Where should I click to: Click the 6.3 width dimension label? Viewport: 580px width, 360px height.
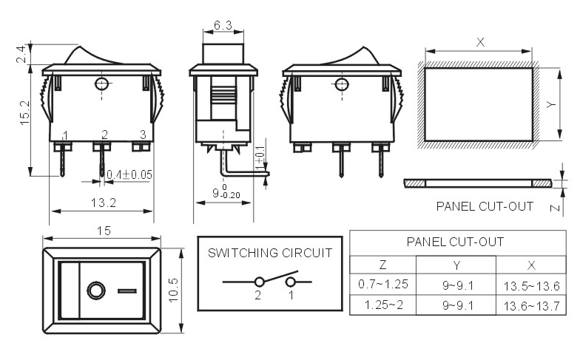[x=223, y=25]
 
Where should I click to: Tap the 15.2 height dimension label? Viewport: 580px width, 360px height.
[x=25, y=112]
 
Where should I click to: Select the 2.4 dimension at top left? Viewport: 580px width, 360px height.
[x=21, y=54]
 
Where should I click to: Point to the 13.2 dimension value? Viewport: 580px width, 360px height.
[x=104, y=203]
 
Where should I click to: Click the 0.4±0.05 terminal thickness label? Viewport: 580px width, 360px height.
[x=129, y=174]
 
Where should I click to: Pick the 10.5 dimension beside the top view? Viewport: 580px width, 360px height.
[x=173, y=290]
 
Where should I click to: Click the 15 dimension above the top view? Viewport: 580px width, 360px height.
[x=104, y=231]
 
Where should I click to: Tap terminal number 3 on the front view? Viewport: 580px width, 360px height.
[x=143, y=135]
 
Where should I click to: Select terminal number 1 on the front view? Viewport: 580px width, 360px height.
[x=65, y=135]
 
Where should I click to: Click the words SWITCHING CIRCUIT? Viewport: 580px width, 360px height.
[x=270, y=253]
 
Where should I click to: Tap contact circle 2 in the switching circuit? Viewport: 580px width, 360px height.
[x=259, y=282]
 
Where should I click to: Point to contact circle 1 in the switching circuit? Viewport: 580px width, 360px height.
[x=291, y=282]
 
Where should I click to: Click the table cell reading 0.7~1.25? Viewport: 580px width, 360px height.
[x=383, y=284]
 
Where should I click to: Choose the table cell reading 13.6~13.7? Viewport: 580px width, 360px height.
[x=531, y=306]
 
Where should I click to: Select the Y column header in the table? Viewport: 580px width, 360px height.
[x=456, y=265]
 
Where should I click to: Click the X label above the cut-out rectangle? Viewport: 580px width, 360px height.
[x=480, y=42]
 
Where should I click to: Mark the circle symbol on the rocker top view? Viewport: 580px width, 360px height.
[x=96, y=291]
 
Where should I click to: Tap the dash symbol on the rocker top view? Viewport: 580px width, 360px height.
[x=127, y=291]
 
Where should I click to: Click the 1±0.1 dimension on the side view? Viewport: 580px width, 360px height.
[x=260, y=157]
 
